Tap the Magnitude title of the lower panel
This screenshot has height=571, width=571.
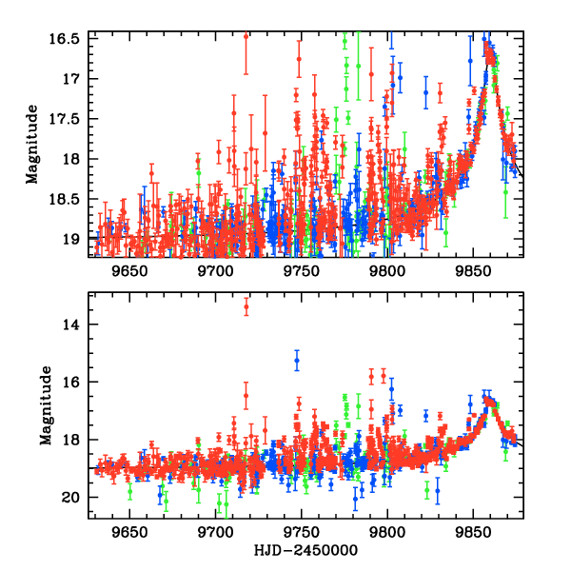coord(45,406)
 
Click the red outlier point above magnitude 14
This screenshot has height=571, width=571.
coord(246,306)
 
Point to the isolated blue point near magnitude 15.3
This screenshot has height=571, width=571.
coord(297,362)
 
